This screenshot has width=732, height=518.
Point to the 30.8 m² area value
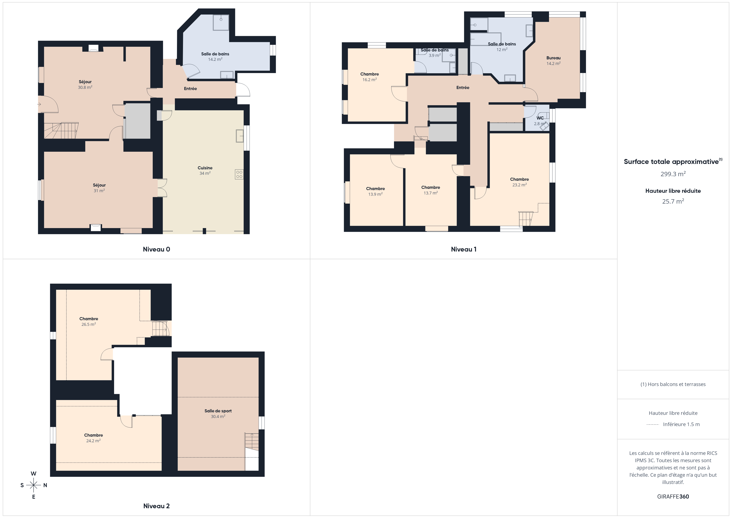tap(85, 87)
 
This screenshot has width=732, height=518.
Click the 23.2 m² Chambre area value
tap(519, 185)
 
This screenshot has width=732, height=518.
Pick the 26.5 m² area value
tap(89, 324)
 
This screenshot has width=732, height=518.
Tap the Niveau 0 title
tap(156, 249)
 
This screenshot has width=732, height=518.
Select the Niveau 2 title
tap(156, 506)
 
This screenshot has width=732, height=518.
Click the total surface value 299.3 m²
tap(673, 174)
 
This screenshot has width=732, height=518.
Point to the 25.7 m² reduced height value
tap(673, 201)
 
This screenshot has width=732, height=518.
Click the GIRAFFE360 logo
tap(673, 497)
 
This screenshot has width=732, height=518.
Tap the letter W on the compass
tap(33, 474)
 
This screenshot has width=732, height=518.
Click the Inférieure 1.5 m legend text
tap(681, 424)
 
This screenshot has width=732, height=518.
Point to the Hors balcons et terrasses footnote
tap(673, 384)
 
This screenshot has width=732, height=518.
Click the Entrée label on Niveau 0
tap(190, 89)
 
